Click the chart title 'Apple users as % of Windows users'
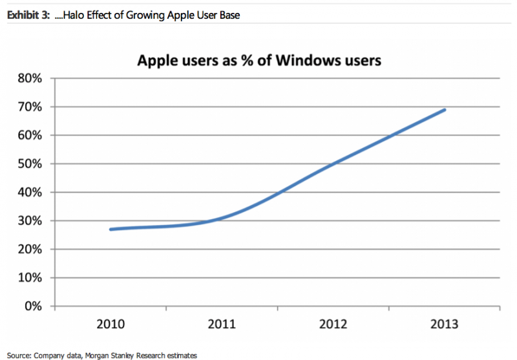coord(258,61)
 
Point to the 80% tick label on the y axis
coord(29,78)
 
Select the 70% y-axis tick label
coord(29,107)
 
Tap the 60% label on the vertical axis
coord(29,135)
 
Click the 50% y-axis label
coord(29,164)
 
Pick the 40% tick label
coord(29,192)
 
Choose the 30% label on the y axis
coord(29,220)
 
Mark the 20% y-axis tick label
coord(29,249)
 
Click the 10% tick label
coord(29,277)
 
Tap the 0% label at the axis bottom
coord(32,306)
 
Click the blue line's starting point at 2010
coord(111,229)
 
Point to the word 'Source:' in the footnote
coord(19,355)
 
